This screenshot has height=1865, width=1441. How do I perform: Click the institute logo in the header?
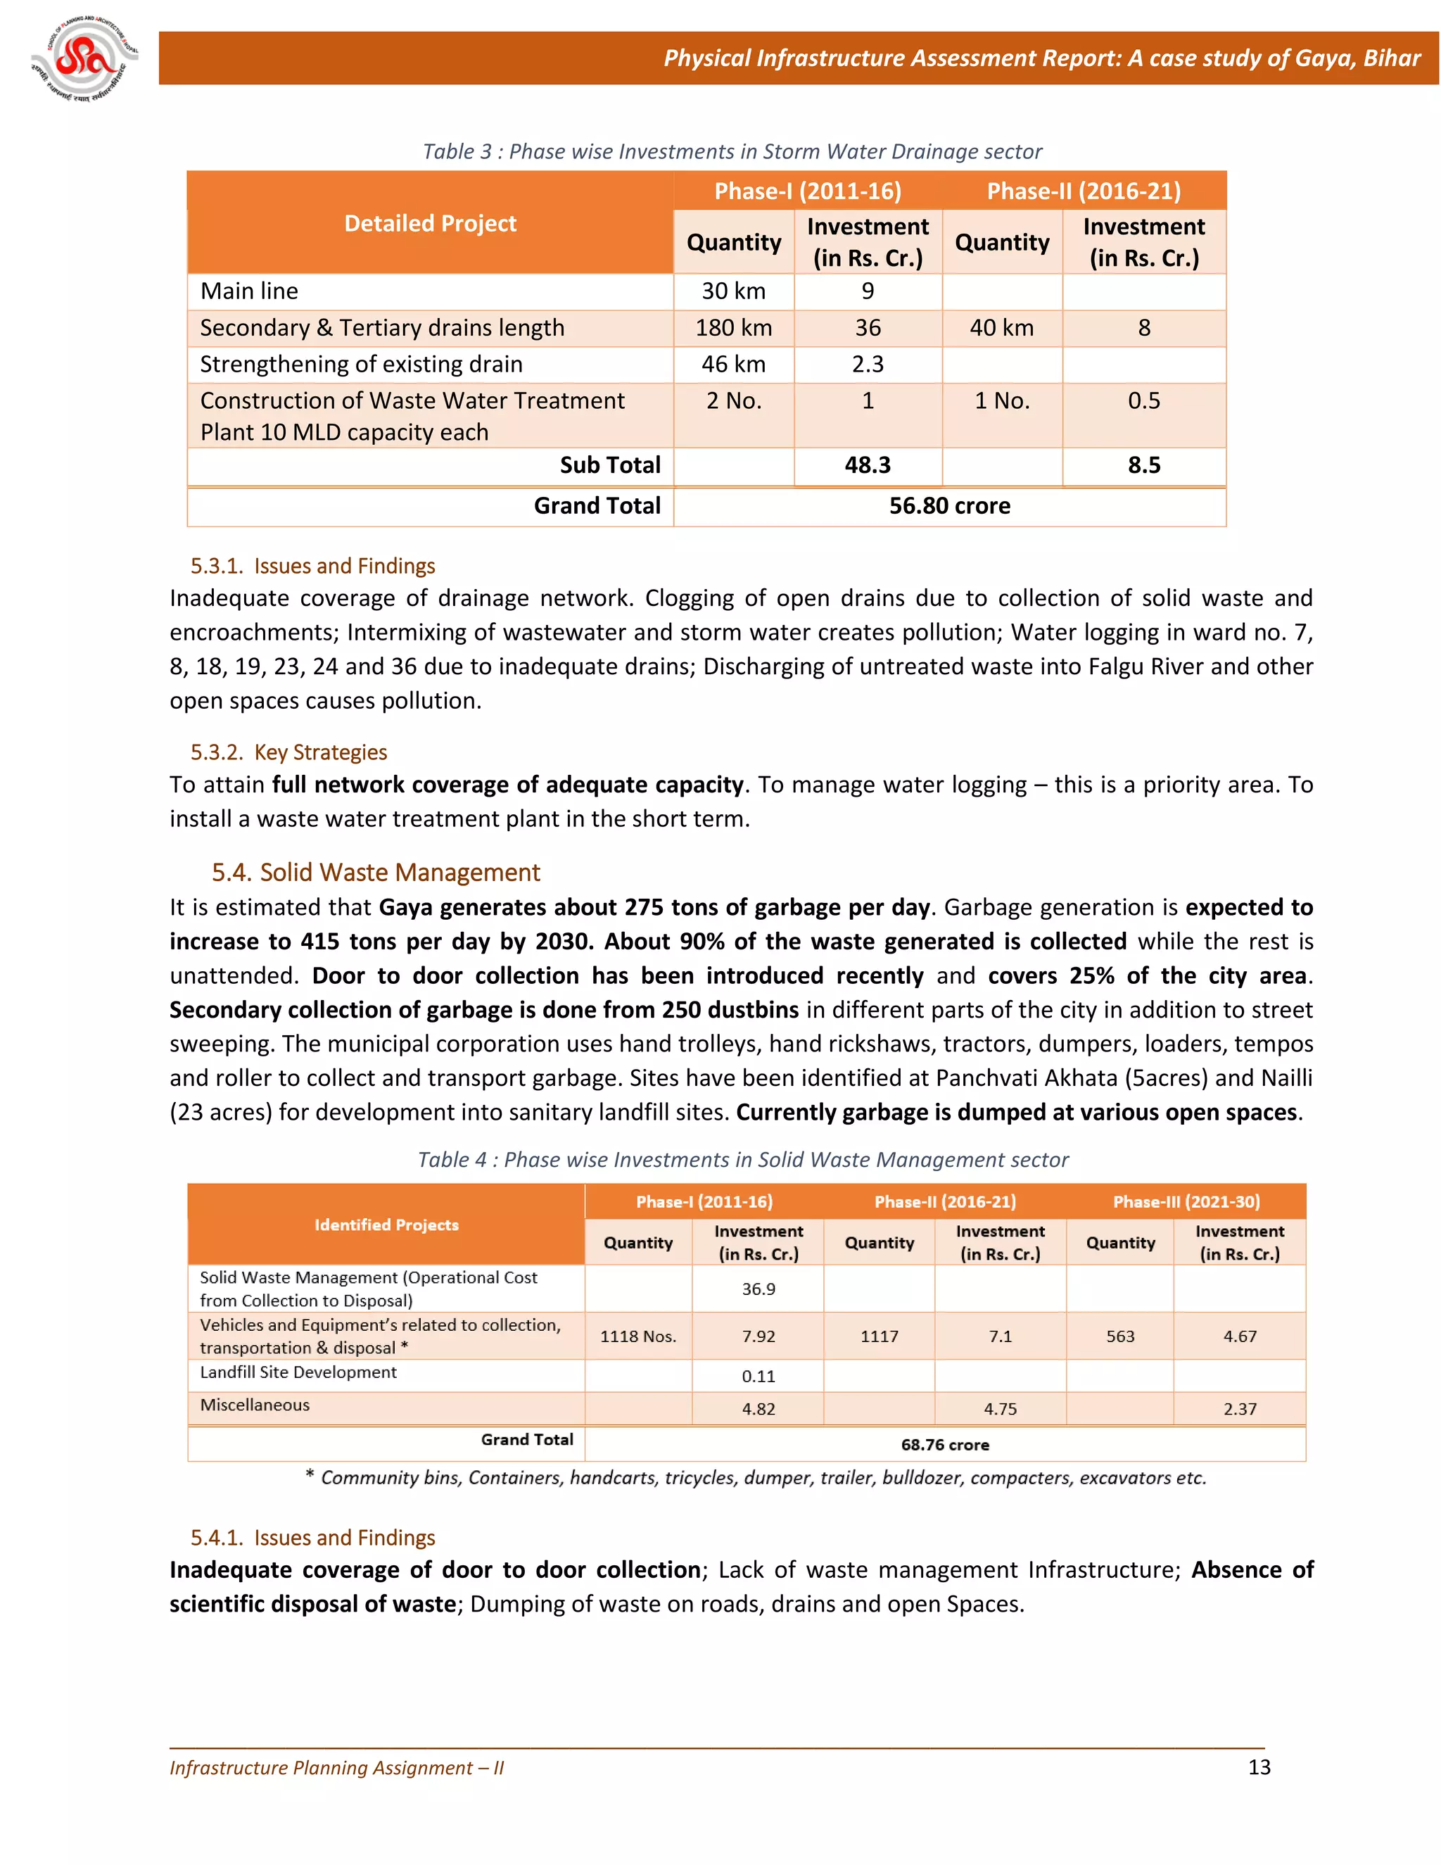[x=84, y=60]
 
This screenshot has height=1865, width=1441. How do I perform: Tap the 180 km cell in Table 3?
[x=733, y=328]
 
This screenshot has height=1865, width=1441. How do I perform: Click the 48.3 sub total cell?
[x=868, y=465]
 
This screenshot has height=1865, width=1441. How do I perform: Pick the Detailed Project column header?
[x=430, y=224]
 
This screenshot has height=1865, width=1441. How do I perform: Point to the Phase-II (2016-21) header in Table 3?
[x=1084, y=191]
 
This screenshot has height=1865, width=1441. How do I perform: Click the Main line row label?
[x=249, y=291]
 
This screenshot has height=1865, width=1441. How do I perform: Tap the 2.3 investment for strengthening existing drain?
[x=868, y=365]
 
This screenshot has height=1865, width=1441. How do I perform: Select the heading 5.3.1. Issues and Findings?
[x=312, y=566]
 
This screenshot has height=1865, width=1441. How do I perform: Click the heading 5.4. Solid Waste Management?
[x=376, y=872]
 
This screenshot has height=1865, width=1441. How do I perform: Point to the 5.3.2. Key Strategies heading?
[x=288, y=752]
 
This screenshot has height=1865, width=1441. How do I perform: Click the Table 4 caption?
[x=743, y=1160]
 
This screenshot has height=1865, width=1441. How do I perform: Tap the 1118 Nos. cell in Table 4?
[x=637, y=1336]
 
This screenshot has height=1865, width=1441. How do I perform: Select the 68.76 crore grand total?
[x=945, y=1445]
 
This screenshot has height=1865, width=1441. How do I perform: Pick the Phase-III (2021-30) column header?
[x=1186, y=1201]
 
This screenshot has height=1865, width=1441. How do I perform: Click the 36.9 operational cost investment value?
[x=758, y=1289]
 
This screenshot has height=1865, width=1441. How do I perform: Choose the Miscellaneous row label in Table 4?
[x=255, y=1405]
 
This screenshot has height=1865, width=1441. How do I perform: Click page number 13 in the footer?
[x=1259, y=1768]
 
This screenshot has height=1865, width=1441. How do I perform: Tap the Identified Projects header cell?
[x=387, y=1225]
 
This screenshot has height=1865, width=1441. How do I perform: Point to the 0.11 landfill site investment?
[x=758, y=1377]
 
